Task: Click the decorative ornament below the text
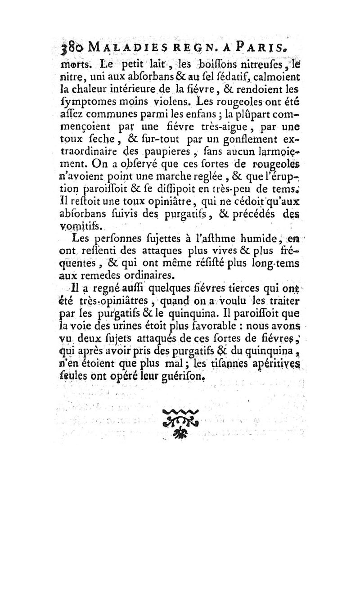point(180,421)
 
